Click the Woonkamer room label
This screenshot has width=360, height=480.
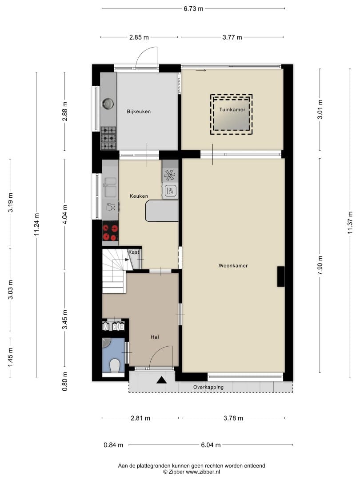tap(233, 266)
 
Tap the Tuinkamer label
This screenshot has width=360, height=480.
tap(232, 110)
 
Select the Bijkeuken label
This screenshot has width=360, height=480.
tap(139, 112)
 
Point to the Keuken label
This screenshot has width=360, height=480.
tap(139, 196)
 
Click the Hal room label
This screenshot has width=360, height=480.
tap(155, 337)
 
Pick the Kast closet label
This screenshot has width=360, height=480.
tap(133, 252)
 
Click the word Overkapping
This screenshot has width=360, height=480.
tap(208, 387)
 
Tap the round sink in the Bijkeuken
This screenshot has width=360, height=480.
tap(108, 104)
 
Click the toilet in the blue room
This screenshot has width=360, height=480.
tap(115, 365)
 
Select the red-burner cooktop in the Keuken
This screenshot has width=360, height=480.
tap(110, 232)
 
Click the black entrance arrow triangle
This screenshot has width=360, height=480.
tap(162, 380)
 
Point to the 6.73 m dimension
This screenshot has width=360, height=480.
tap(193, 8)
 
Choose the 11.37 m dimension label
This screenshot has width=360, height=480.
tap(350, 223)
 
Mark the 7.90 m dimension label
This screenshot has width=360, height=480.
tap(320, 265)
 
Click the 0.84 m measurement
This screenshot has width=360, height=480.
tap(113, 445)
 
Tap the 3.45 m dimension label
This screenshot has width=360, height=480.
tap(65, 320)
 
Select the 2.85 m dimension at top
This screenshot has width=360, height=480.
tap(139, 37)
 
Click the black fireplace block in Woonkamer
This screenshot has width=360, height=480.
tap(281, 276)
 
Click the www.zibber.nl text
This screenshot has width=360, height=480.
tap(203, 472)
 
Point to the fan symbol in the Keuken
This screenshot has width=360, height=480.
tap(169, 175)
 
